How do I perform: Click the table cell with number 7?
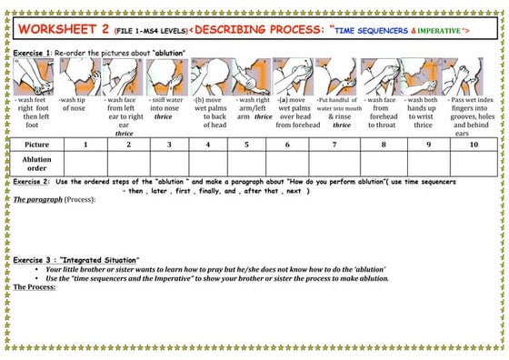[334, 145]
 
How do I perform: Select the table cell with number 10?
[473, 145]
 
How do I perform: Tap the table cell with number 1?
[85, 145]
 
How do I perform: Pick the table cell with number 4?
[209, 145]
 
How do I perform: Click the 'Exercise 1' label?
[32, 54]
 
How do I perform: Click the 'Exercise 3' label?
[34, 260]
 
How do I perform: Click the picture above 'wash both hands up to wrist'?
[423, 76]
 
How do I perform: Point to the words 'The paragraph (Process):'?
[55, 198]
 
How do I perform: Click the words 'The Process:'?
[35, 286]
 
